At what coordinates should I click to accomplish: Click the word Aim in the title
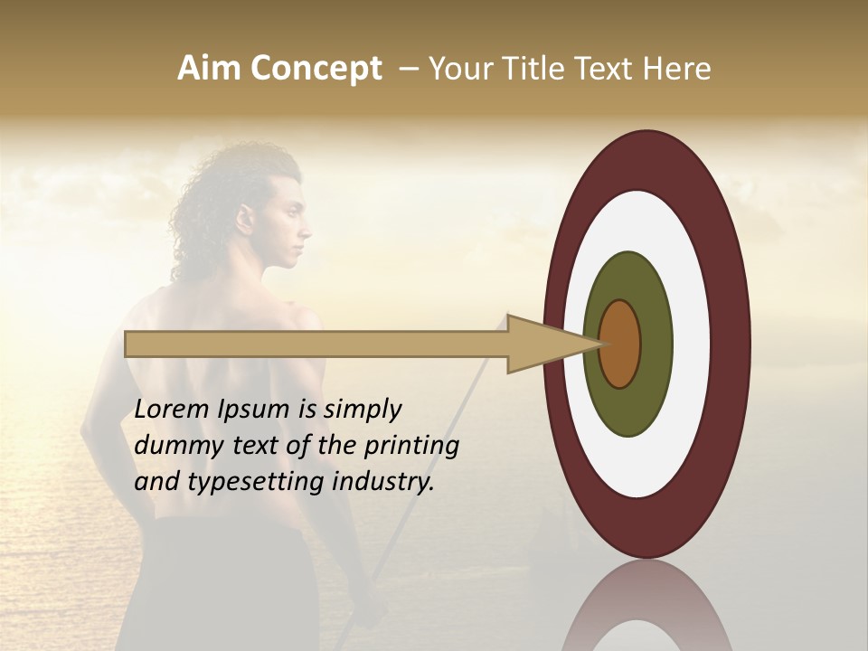[x=210, y=69]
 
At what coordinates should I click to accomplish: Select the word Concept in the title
[x=316, y=69]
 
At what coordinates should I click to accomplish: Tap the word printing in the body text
[x=411, y=446]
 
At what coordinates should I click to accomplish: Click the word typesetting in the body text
[x=257, y=482]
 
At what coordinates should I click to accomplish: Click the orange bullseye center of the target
[x=620, y=344]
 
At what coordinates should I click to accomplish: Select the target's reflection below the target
[x=646, y=606]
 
